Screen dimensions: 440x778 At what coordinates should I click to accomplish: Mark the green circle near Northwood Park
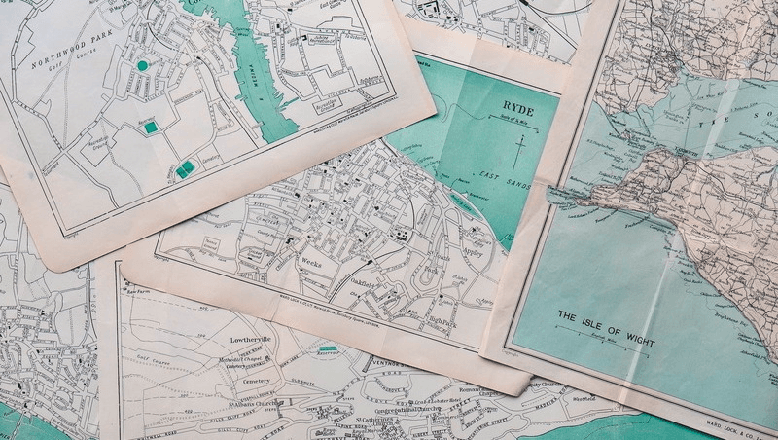click(x=144, y=65)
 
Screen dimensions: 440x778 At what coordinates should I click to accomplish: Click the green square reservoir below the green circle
click(x=149, y=126)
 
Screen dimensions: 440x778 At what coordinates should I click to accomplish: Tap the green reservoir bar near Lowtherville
click(x=329, y=348)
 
